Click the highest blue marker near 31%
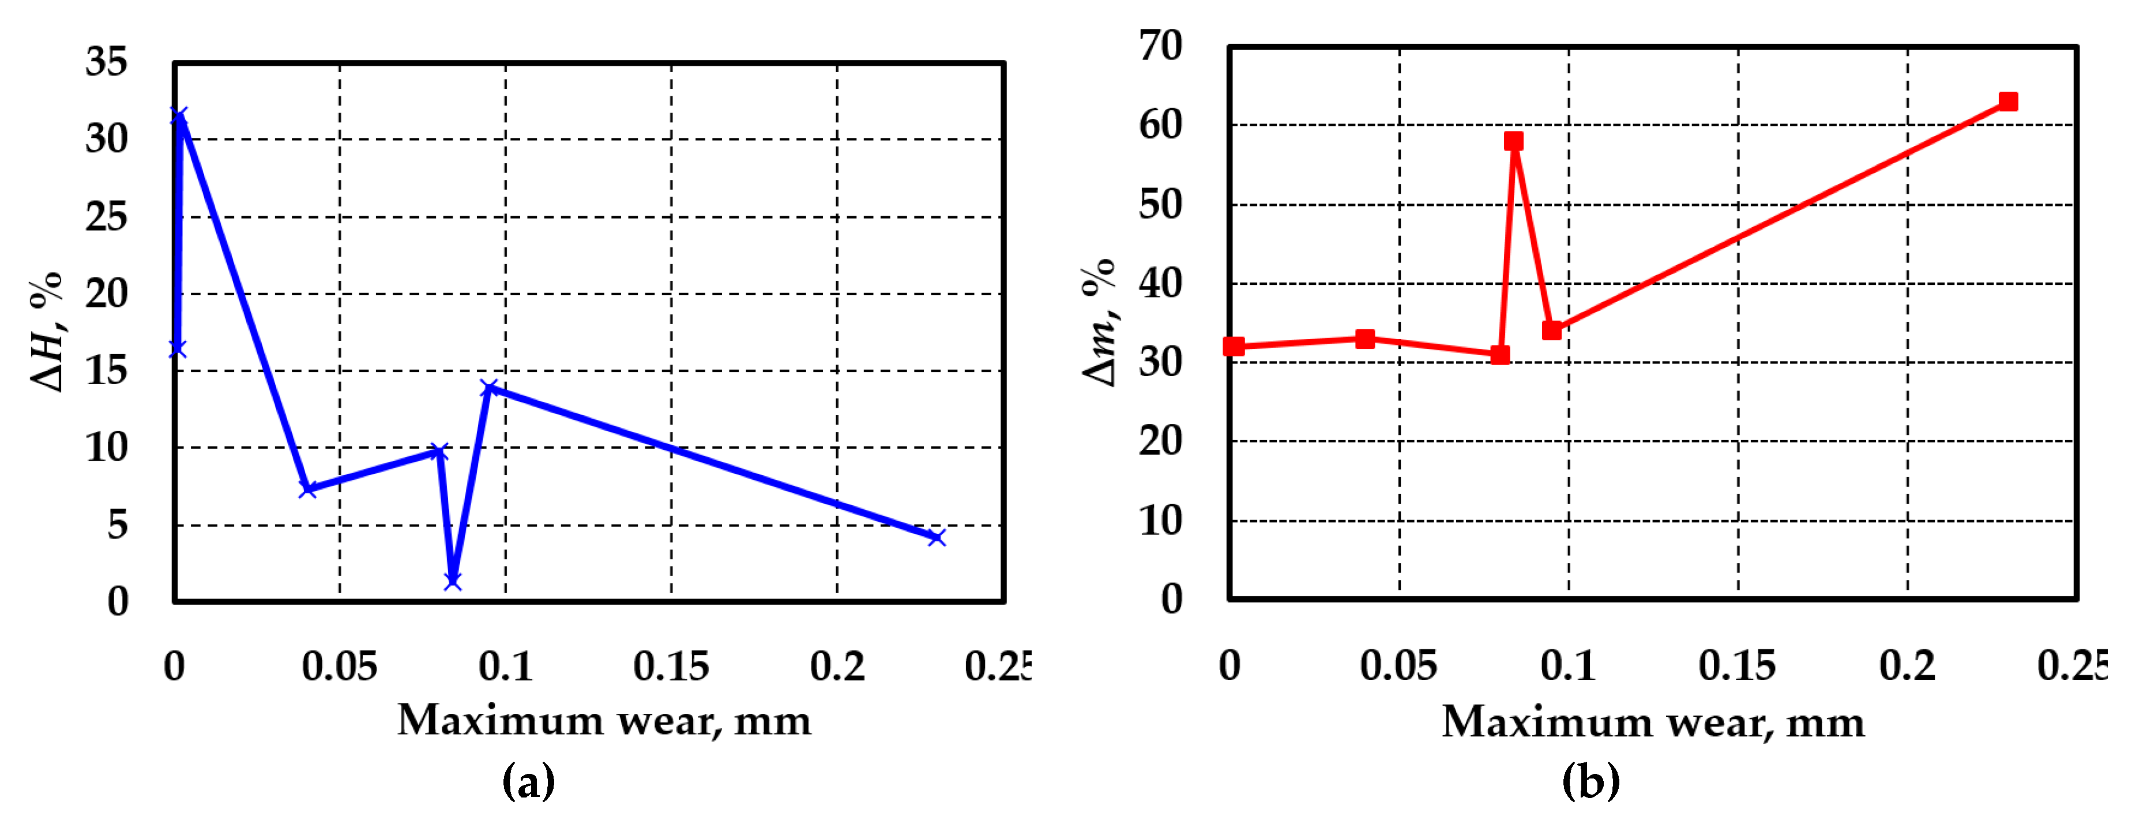[x=179, y=116]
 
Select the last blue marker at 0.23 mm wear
[x=936, y=538]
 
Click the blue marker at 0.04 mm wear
[x=308, y=489]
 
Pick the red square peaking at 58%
[x=1514, y=141]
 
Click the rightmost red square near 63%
[x=2008, y=101]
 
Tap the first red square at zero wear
[x=1233, y=346]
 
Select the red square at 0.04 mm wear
[x=1366, y=338]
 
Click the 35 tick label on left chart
[x=106, y=62]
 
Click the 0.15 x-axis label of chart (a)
[x=671, y=666]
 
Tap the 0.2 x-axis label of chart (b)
[x=1907, y=665]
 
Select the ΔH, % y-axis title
[x=47, y=331]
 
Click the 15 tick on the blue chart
[x=106, y=371]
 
